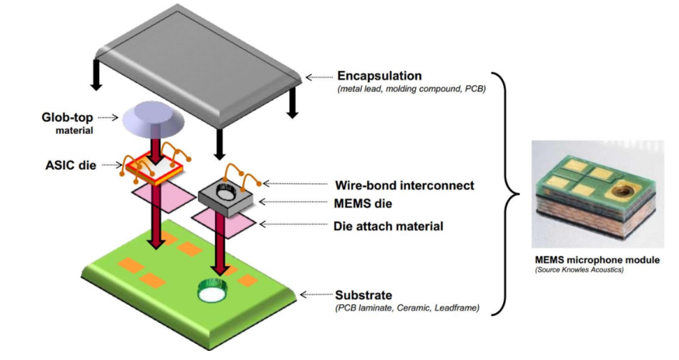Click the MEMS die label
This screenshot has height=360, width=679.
point(363,204)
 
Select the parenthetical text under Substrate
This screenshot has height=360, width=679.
point(407,307)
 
